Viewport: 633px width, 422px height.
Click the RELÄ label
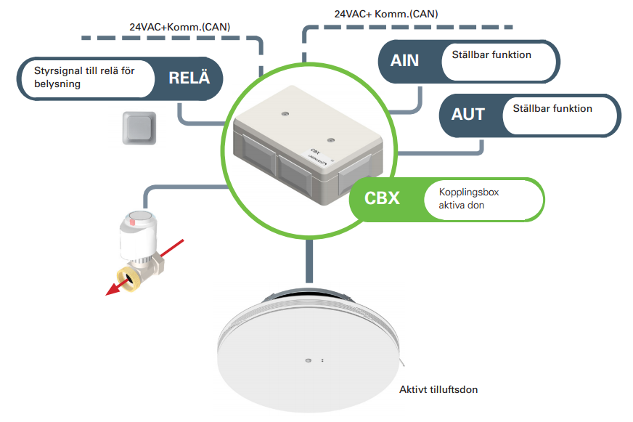tap(189, 78)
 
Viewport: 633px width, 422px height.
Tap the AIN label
tap(404, 60)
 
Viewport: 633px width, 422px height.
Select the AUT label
tap(467, 114)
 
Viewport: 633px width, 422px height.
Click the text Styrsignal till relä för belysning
tap(84, 77)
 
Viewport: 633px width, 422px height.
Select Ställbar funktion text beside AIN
tap(491, 54)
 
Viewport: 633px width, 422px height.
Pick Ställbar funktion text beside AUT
tap(552, 109)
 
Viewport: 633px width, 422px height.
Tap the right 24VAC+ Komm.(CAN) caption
tap(386, 13)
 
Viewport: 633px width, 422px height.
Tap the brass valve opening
tap(128, 277)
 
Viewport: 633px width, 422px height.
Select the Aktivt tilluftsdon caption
tap(438, 389)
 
